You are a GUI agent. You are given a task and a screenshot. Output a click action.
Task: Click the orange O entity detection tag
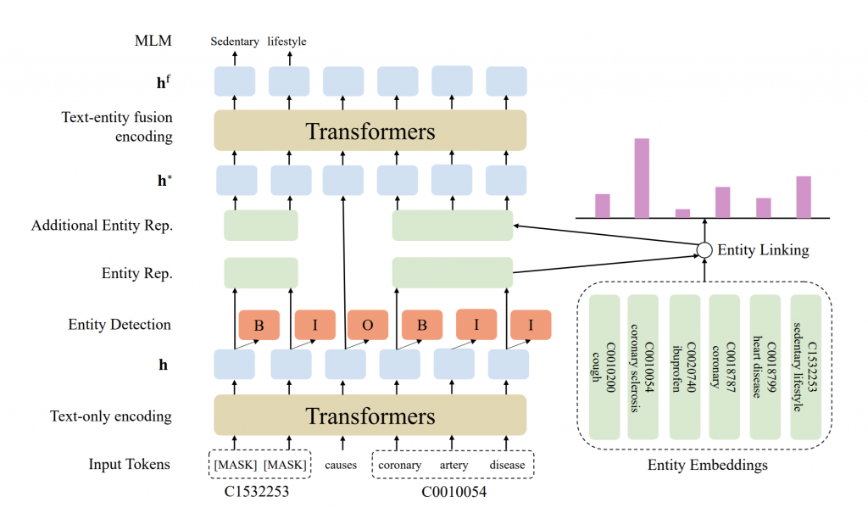pyautogui.click(x=368, y=325)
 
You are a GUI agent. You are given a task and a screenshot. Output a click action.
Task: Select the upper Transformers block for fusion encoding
pyautogui.click(x=370, y=131)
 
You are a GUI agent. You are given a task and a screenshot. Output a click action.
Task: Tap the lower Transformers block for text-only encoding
pyautogui.click(x=370, y=416)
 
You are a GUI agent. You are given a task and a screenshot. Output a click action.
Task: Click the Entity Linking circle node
pyautogui.click(x=704, y=250)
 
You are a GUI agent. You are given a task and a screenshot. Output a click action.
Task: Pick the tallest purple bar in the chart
pyautogui.click(x=642, y=178)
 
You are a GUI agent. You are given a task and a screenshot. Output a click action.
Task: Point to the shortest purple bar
pyautogui.click(x=682, y=213)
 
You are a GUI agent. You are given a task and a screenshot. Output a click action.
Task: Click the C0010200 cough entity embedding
pyautogui.click(x=604, y=367)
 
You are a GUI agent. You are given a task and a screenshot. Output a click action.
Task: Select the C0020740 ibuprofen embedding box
pyautogui.click(x=683, y=367)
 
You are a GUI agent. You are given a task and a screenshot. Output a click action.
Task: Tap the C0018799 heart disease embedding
pyautogui.click(x=765, y=367)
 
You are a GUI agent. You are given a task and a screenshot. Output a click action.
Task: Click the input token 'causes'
pyautogui.click(x=342, y=465)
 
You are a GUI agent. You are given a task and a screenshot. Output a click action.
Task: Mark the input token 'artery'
pyautogui.click(x=453, y=465)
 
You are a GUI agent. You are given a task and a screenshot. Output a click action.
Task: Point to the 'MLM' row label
pyautogui.click(x=153, y=41)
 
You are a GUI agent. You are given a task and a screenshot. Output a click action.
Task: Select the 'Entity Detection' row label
pyautogui.click(x=120, y=325)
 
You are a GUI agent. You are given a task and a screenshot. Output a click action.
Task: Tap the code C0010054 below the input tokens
pyautogui.click(x=453, y=490)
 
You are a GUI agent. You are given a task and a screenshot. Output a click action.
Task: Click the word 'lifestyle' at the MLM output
pyautogui.click(x=287, y=41)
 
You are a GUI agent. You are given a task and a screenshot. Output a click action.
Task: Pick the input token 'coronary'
pyautogui.click(x=399, y=465)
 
